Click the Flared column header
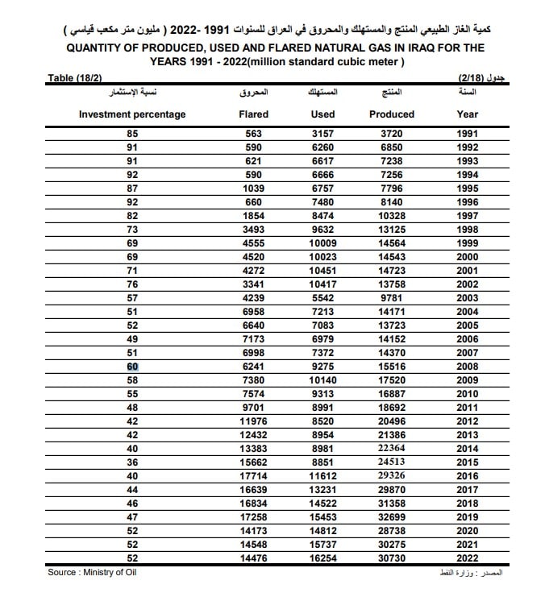click(x=254, y=114)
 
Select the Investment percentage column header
click(x=132, y=114)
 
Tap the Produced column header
click(x=391, y=114)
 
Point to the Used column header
click(x=322, y=114)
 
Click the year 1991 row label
click(x=467, y=134)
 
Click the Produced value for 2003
click(x=391, y=298)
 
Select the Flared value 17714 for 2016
click(x=254, y=476)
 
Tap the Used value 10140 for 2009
click(x=322, y=380)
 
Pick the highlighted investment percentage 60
click(x=132, y=367)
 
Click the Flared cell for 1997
click(x=254, y=216)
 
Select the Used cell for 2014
click(x=322, y=449)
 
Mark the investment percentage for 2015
click(x=132, y=462)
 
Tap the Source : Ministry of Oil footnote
click(x=93, y=573)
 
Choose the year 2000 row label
click(x=467, y=257)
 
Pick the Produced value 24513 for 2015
click(x=391, y=462)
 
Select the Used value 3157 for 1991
click(x=322, y=134)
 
